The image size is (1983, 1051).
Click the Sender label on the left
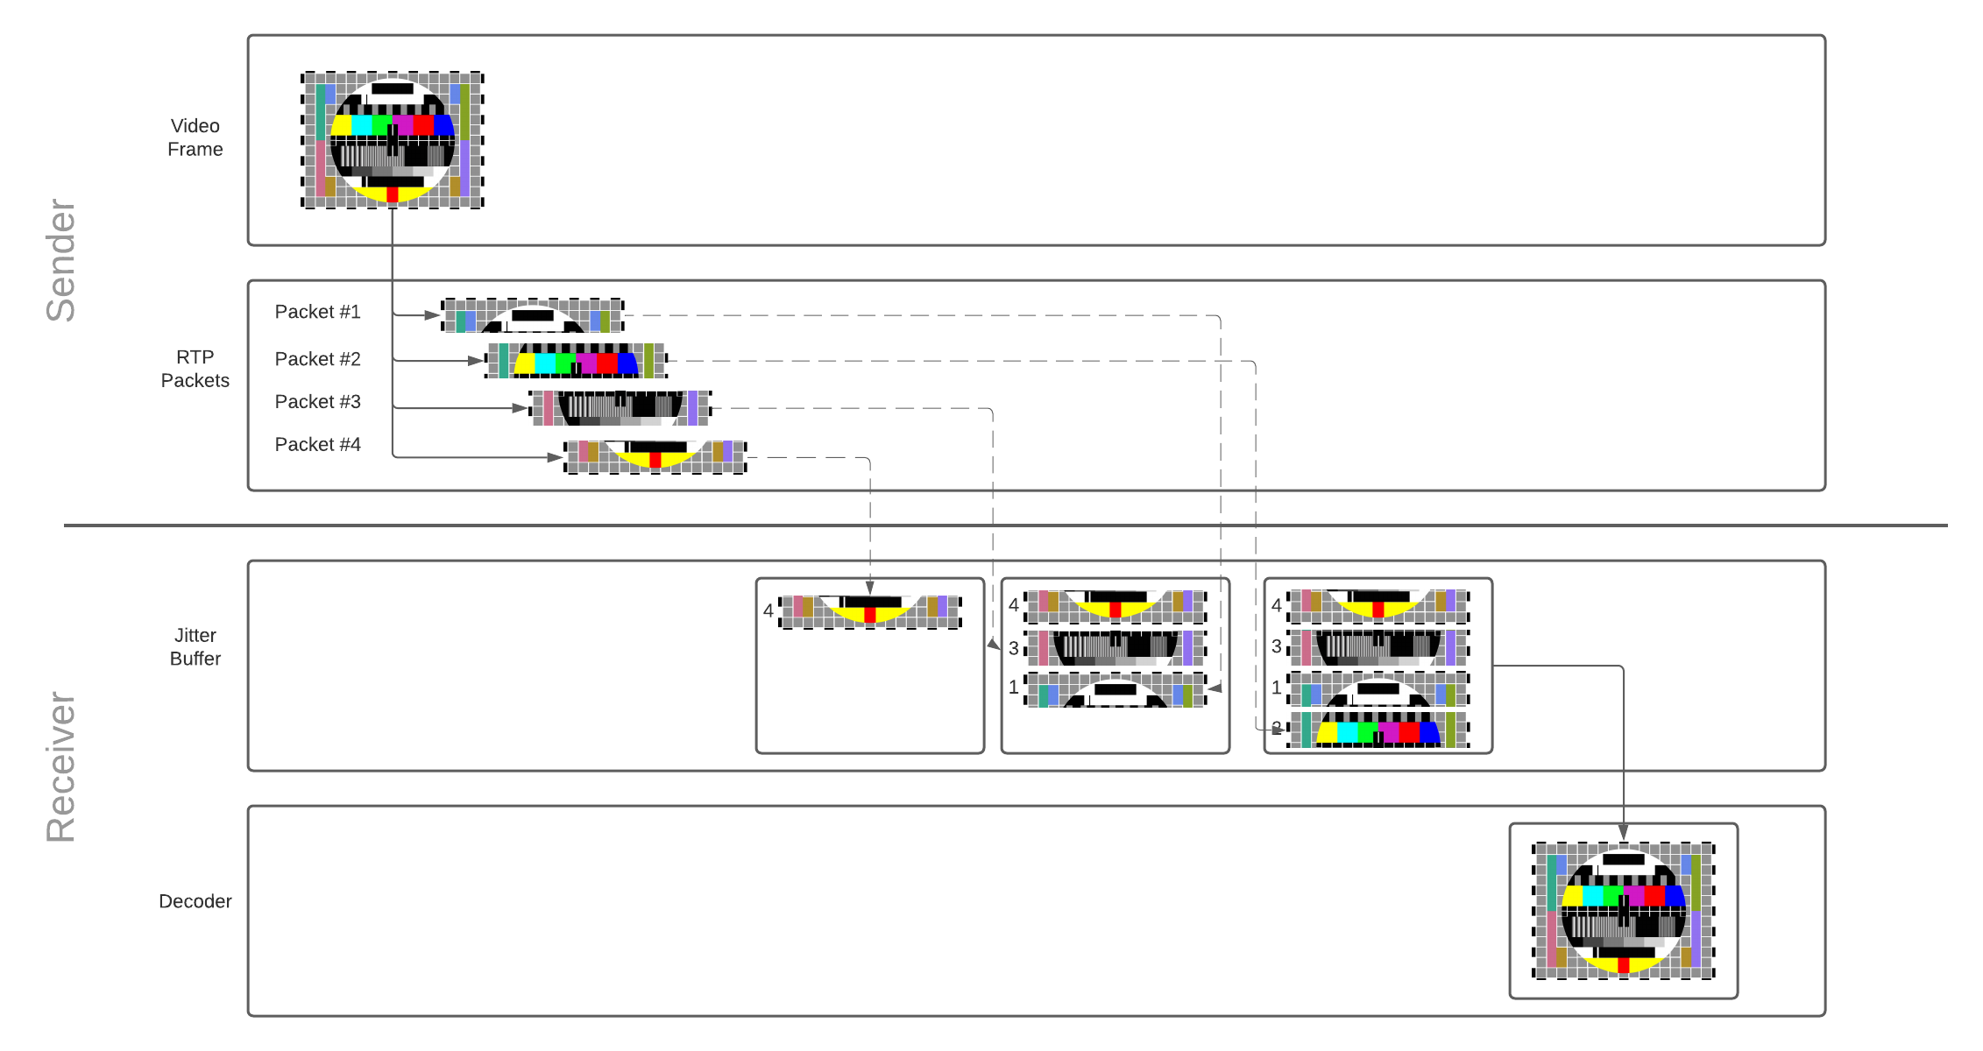point(61,261)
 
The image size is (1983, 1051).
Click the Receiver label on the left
point(61,767)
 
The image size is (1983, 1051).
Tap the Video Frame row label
point(195,138)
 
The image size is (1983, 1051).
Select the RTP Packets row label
point(195,369)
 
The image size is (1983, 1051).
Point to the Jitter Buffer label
point(195,646)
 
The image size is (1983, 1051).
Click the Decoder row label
point(195,901)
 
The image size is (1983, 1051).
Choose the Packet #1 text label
point(317,312)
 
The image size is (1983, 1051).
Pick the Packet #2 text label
point(317,359)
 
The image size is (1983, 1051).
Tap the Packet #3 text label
point(317,402)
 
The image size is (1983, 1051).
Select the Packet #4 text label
point(317,445)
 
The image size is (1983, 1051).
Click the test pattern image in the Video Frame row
point(392,140)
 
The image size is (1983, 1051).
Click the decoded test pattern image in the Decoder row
point(1623,910)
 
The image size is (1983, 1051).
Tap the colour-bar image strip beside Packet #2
point(576,360)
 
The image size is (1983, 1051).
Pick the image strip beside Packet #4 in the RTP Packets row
point(655,456)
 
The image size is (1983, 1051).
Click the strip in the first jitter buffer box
point(870,611)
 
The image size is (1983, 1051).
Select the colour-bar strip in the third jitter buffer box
point(1377,730)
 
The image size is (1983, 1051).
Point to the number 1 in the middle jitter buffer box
point(1014,688)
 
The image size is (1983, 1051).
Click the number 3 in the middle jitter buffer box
point(1014,648)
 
